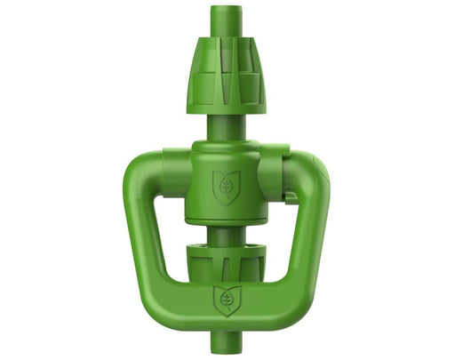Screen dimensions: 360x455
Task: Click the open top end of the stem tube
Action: click(226, 10)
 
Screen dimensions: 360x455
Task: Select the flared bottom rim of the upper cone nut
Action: click(226, 107)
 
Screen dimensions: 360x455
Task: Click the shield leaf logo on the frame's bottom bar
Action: click(226, 300)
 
